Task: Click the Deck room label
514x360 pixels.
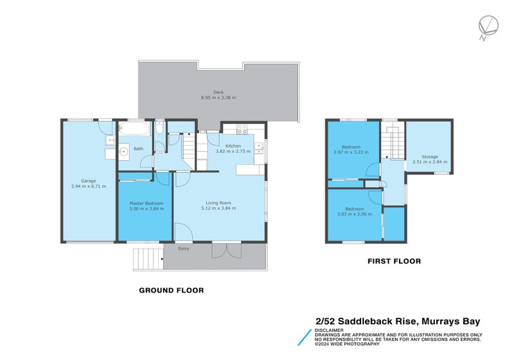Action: tap(218, 92)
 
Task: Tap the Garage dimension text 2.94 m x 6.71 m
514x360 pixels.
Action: tap(89, 186)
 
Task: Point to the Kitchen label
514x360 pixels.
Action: tap(233, 146)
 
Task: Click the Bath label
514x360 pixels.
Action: tap(138, 149)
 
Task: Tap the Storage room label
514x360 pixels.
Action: tap(430, 157)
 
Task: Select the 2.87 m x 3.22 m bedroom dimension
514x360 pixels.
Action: tap(351, 152)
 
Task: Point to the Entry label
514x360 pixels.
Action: tap(184, 249)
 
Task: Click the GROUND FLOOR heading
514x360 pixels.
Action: tap(172, 291)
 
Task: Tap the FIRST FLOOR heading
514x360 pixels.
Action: tap(394, 261)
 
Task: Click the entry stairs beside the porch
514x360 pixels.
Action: tap(148, 258)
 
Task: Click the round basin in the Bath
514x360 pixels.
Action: tap(123, 153)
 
